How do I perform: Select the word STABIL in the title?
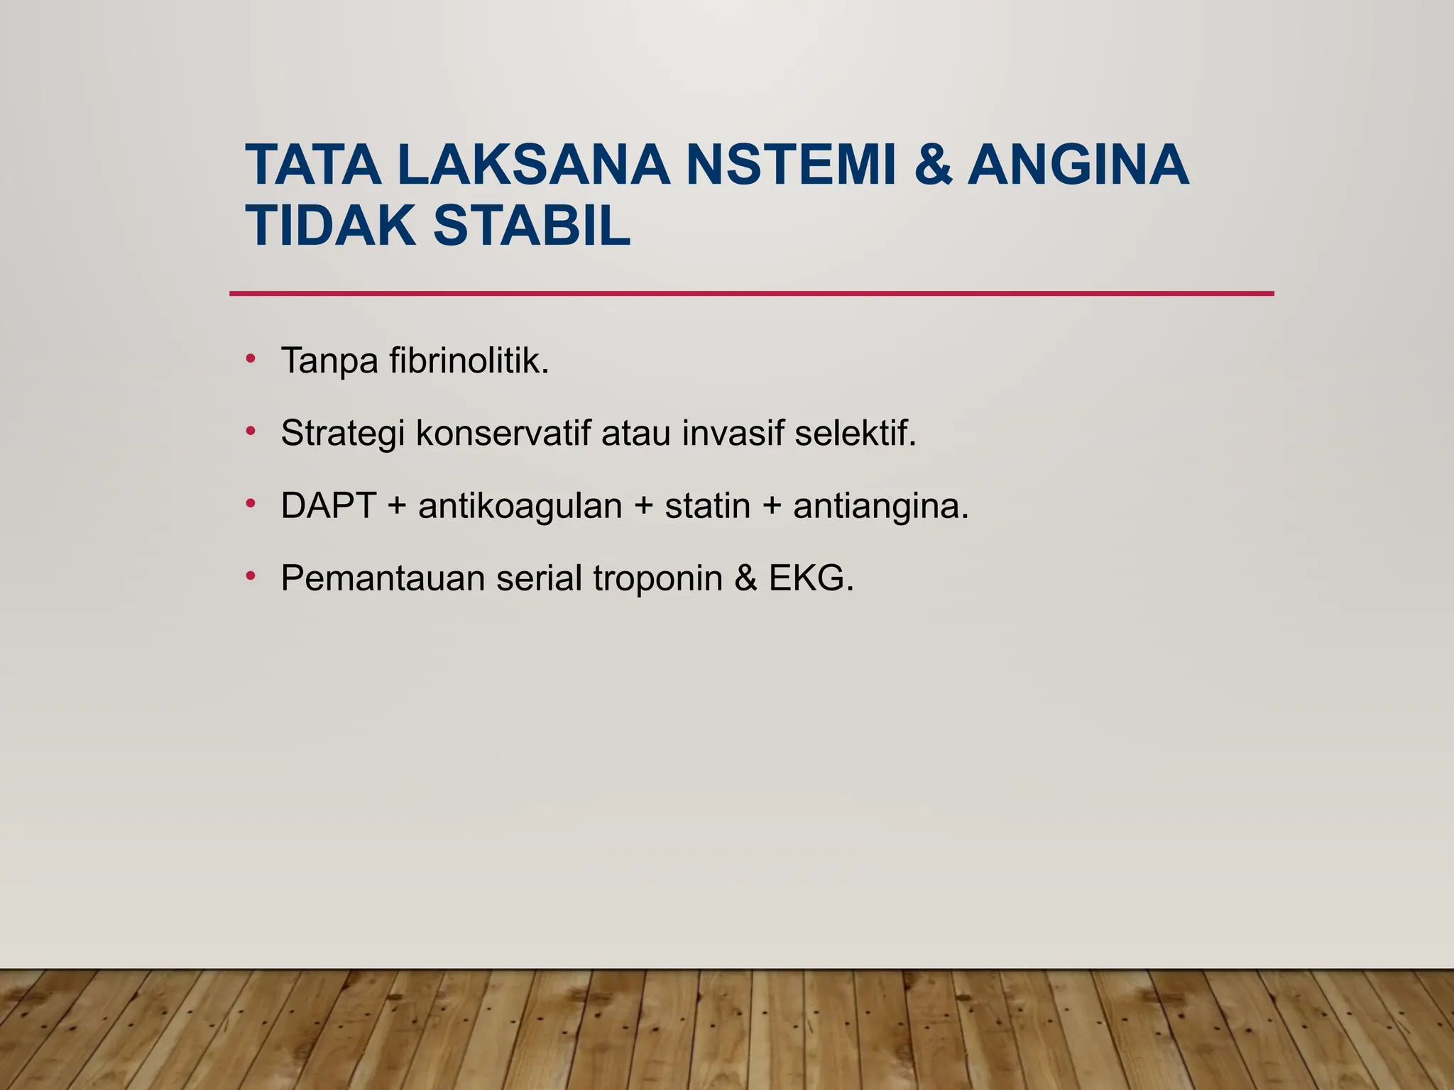[x=532, y=226]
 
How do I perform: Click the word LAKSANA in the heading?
[x=533, y=165]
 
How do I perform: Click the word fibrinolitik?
[x=469, y=360]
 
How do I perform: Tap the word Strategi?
[x=342, y=434]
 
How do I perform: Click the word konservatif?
[x=503, y=433]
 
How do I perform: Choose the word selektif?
[x=856, y=433]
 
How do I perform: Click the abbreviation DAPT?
[x=328, y=506]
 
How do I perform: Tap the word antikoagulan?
[x=520, y=507]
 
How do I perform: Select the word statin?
[x=707, y=506]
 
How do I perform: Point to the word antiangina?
[x=880, y=507]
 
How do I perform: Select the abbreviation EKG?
[x=811, y=578]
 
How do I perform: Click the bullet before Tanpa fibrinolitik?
[x=250, y=358]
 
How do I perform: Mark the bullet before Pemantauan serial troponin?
[x=250, y=576]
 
